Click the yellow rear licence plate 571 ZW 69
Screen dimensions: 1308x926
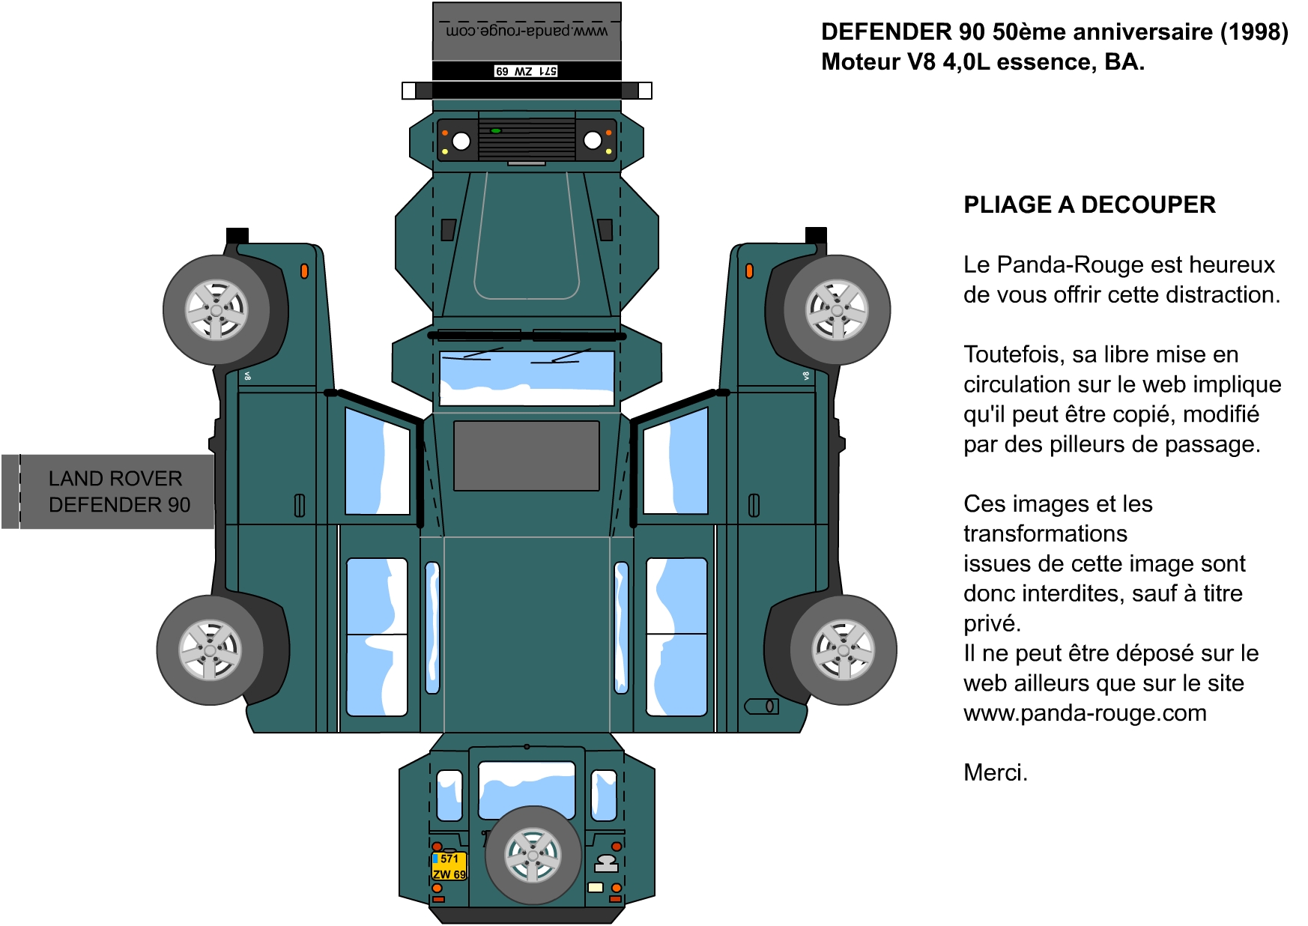tap(449, 866)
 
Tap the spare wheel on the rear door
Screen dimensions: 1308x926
tap(533, 855)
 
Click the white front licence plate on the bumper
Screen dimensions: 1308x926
tap(526, 71)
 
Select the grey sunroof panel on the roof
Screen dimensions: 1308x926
tap(527, 456)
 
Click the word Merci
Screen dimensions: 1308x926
tap(996, 772)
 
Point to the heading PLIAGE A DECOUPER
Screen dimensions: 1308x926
tap(1089, 205)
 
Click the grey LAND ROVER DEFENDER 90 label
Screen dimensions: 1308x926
tap(109, 491)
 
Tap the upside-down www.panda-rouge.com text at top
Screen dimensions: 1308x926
tap(527, 31)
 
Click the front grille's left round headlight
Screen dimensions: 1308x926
tap(461, 141)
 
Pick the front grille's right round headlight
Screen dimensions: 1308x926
tap(593, 141)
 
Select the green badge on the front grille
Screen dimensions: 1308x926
tap(496, 131)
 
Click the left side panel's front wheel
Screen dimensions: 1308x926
tap(217, 310)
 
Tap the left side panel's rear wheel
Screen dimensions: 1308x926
tap(211, 650)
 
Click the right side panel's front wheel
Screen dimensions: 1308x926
tap(838, 310)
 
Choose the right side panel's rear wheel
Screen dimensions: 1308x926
tap(844, 650)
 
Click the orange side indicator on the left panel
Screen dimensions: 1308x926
tap(304, 271)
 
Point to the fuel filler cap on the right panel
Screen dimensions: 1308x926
tap(762, 706)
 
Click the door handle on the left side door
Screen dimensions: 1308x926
tap(300, 506)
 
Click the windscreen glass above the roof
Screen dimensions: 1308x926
tap(527, 378)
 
